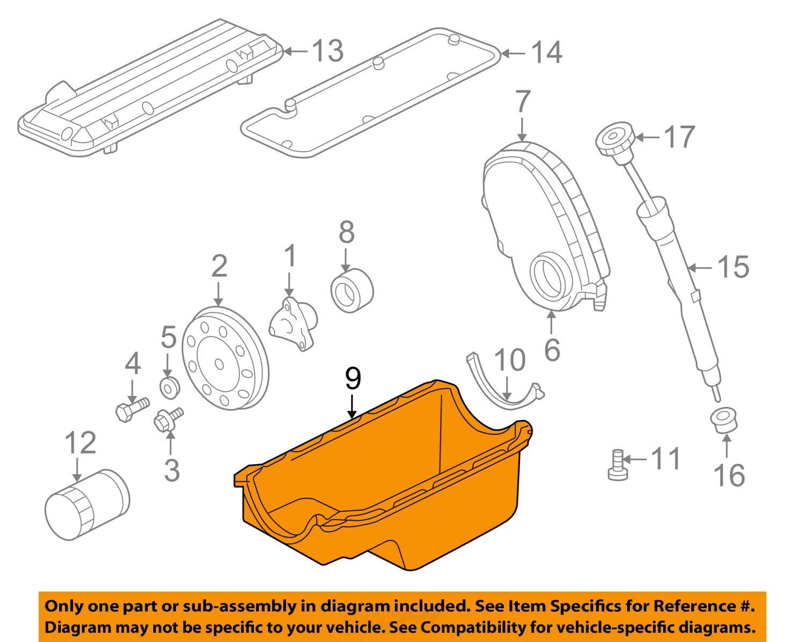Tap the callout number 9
[353, 379]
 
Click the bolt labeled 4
[130, 409]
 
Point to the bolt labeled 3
[168, 418]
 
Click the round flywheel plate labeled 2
[224, 359]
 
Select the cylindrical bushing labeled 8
[352, 291]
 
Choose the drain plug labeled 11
[617, 464]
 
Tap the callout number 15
[733, 267]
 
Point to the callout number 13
[327, 51]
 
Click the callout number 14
[546, 53]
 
